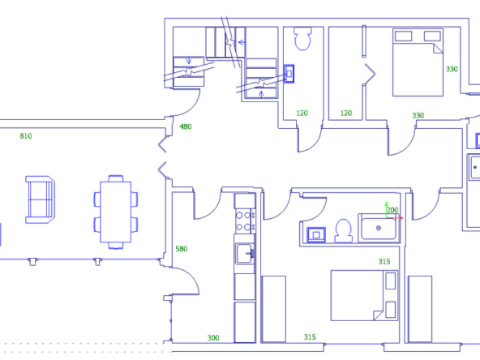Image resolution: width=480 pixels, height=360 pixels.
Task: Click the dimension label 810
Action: (x=26, y=136)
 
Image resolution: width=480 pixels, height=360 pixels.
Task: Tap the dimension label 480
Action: (x=186, y=126)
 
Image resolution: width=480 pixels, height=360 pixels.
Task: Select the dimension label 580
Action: (x=182, y=249)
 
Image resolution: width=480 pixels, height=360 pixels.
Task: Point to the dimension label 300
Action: (x=213, y=338)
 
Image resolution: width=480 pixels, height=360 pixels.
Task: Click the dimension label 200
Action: (x=392, y=210)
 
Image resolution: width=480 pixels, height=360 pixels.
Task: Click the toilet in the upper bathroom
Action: (x=302, y=39)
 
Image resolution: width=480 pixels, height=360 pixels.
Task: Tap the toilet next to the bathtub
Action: (x=343, y=231)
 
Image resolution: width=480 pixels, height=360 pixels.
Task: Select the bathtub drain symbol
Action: (x=379, y=228)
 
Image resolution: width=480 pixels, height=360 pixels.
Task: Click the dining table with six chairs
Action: (x=116, y=212)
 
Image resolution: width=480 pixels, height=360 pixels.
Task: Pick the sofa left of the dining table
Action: (x=40, y=199)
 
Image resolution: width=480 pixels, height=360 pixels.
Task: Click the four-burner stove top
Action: (x=245, y=221)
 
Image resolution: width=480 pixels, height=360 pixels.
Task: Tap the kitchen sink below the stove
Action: (x=245, y=254)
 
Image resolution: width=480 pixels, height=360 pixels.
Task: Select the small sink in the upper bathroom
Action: (x=289, y=74)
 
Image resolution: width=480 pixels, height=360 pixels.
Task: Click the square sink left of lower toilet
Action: (x=316, y=235)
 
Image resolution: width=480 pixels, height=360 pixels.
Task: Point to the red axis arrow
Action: (x=395, y=218)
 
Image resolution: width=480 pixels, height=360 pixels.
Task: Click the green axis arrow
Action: (x=386, y=210)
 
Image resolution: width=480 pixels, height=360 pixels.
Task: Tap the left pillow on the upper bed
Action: (x=404, y=36)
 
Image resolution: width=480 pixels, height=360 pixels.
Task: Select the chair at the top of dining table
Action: (x=116, y=178)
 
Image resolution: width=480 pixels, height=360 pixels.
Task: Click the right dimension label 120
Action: (x=346, y=114)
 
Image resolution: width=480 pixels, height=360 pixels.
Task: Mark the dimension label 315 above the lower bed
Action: (x=384, y=262)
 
